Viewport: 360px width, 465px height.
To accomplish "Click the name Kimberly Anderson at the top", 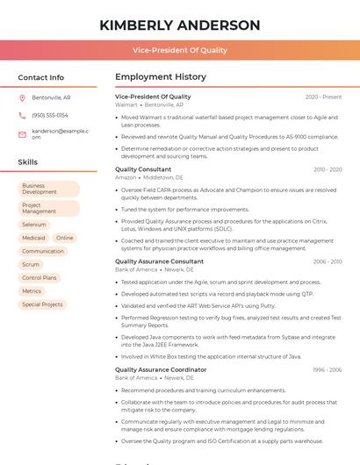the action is [180, 25].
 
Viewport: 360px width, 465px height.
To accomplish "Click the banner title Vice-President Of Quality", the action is [180, 51].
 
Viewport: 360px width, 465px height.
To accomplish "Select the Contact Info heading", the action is [41, 77].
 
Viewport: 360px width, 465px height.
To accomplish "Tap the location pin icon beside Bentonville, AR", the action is [22, 97].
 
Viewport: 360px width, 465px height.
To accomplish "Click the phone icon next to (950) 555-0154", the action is [22, 115].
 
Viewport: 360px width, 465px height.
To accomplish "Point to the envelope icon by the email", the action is [22, 133].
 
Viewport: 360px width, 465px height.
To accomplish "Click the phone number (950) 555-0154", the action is [50, 115].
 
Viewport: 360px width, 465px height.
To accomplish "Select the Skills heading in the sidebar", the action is [28, 162].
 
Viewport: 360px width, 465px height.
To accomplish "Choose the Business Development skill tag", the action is [48, 189].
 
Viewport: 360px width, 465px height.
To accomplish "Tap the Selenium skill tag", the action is [34, 225].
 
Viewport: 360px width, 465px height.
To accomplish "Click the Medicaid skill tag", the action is [33, 238].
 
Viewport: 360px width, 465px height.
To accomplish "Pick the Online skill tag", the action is [65, 238].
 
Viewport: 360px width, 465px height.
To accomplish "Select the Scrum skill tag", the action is [31, 264].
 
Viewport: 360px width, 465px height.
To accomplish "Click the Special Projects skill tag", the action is [42, 304].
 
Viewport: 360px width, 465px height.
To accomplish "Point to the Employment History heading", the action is [161, 77].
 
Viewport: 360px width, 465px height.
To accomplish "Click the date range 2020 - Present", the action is [323, 97].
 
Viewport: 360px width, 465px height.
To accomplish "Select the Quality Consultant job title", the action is [143, 169].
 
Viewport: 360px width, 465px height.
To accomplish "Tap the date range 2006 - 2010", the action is [327, 261].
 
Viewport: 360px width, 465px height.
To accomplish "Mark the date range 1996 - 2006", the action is [327, 370].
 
